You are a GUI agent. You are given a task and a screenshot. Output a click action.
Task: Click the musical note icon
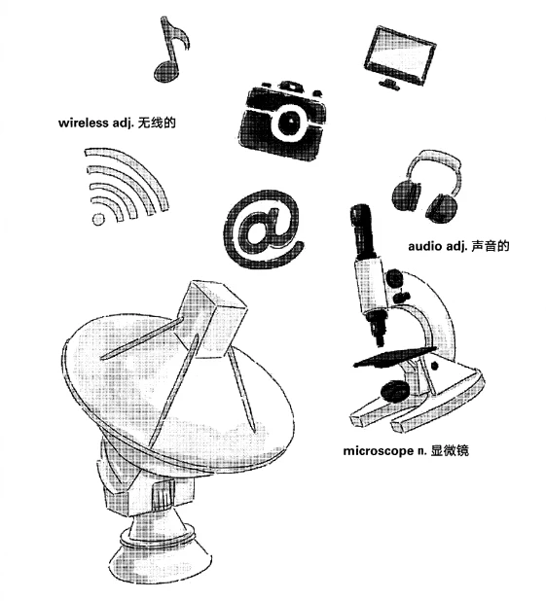pos(168,54)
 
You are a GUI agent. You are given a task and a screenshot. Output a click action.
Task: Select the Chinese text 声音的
pos(491,246)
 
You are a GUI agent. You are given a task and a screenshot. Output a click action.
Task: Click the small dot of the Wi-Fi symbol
pos(96,219)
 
